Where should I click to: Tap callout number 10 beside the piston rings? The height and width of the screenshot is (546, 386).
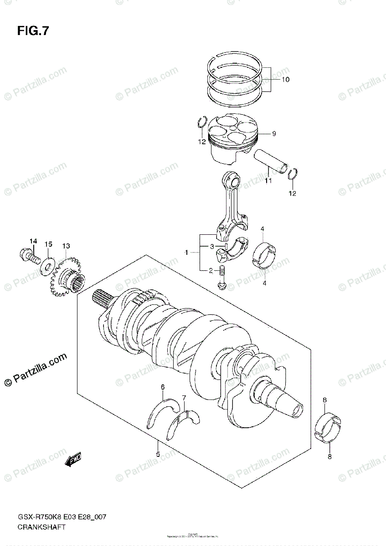pos(285,79)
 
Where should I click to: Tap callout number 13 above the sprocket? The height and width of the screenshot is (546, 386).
pos(67,246)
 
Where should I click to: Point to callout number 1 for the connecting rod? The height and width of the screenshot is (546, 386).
pos(186,252)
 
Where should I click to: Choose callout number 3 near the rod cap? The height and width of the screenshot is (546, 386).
pos(212,246)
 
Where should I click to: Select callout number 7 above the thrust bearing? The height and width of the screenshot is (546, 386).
pos(184,399)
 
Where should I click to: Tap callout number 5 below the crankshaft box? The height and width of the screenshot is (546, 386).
pos(158,454)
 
